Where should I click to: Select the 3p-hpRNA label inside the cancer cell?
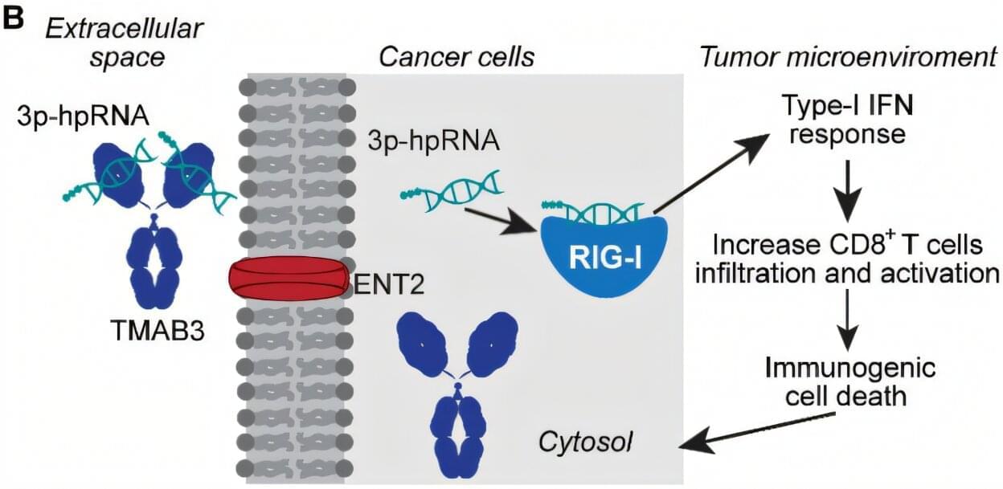click(x=433, y=142)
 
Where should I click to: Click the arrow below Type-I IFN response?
click(x=850, y=187)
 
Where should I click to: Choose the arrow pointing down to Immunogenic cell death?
click(x=850, y=317)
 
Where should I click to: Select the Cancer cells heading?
click(x=456, y=57)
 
